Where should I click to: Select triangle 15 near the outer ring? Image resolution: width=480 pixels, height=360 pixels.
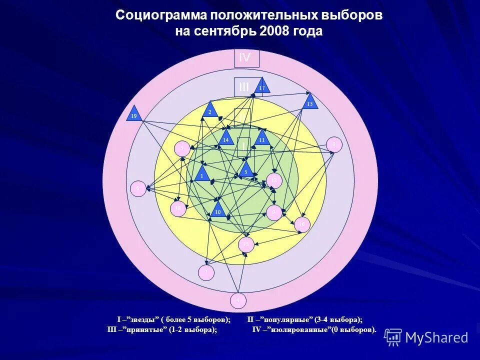click(310, 102)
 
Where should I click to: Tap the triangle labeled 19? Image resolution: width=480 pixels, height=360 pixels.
click(134, 114)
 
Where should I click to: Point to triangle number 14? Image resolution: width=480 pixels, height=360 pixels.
click(226, 138)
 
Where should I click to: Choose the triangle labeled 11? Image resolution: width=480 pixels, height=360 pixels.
click(261, 138)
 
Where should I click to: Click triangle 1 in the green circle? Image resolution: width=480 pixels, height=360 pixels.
click(202, 174)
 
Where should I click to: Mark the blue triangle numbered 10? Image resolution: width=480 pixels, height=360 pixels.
click(217, 210)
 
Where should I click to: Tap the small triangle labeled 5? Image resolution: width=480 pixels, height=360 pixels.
click(245, 170)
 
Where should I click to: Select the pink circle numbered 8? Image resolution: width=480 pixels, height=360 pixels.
click(333, 144)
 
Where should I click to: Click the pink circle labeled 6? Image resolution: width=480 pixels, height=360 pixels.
click(137, 188)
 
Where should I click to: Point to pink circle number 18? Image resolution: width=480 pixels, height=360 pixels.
click(178, 208)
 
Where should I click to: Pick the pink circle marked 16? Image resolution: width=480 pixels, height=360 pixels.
click(302, 224)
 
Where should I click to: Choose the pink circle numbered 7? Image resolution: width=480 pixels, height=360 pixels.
click(205, 272)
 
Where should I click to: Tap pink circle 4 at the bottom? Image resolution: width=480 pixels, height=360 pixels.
click(238, 300)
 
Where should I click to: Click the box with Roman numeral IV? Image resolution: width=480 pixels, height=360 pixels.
click(246, 57)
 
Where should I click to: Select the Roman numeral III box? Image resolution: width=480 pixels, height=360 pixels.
click(244, 87)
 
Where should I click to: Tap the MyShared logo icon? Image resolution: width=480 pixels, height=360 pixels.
click(393, 337)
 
